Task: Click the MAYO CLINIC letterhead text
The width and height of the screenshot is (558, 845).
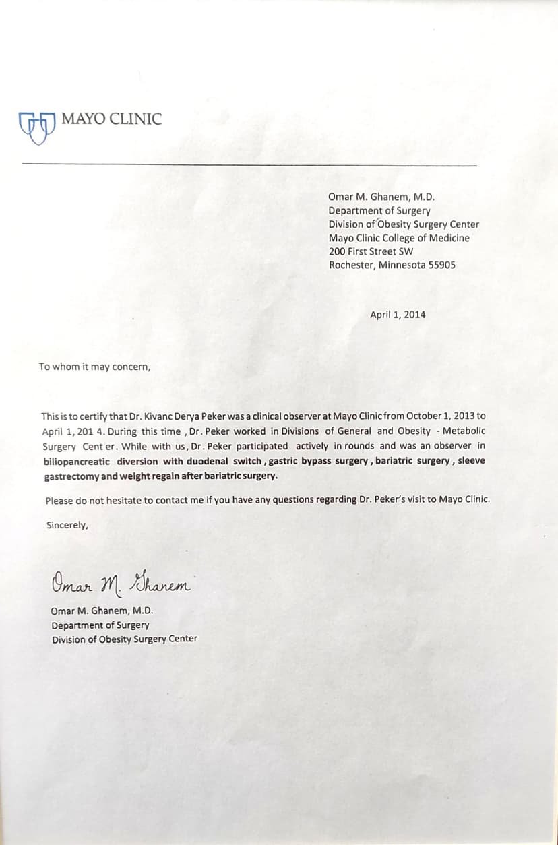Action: click(111, 119)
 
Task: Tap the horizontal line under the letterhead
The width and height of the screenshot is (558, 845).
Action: click(249, 165)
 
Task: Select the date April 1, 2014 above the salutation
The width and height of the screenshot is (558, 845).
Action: click(398, 314)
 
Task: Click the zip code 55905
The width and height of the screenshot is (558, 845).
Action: click(441, 265)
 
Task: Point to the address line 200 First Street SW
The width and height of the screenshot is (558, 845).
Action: click(371, 251)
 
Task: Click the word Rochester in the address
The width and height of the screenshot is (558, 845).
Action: click(350, 265)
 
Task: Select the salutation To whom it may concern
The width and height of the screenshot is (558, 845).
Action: click(94, 367)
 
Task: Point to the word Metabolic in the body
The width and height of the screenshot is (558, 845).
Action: click(464, 431)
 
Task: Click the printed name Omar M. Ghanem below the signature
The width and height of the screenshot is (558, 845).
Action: click(102, 611)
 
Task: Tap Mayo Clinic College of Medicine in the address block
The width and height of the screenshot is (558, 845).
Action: click(399, 238)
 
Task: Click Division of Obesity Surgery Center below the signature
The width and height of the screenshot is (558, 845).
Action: click(125, 639)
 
